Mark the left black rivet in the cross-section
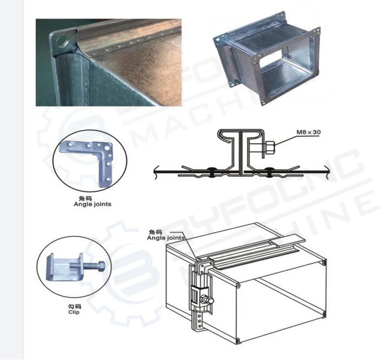(x=211, y=171)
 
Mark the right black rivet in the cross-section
(x=269, y=171)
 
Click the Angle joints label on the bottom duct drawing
(x=165, y=237)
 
